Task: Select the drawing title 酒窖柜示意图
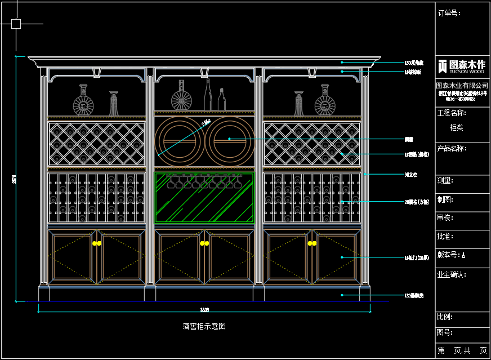(204, 326)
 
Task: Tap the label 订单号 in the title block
(449, 13)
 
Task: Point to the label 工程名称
(452, 113)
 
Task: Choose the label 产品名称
(452, 148)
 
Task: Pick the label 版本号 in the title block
(449, 255)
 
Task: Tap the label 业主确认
(452, 274)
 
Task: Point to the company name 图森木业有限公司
(462, 85)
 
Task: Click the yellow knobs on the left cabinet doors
(96, 243)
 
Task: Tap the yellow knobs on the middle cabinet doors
(204, 243)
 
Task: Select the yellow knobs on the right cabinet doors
(312, 243)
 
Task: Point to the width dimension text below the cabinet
(204, 309)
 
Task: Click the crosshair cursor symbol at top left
(16, 24)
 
